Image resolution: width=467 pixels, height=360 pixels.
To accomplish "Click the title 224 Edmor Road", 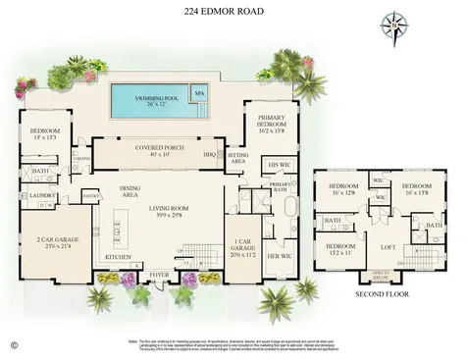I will (233, 13).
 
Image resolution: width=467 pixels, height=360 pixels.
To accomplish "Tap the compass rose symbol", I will (395, 26).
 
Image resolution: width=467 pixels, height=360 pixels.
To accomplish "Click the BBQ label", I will (208, 154).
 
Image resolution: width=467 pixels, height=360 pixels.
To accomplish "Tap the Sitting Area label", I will (237, 158).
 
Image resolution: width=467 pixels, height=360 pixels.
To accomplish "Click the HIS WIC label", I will (280, 165).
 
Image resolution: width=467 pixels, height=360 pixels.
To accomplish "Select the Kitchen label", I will (120, 258).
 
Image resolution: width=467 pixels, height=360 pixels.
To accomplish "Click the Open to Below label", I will (383, 275).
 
